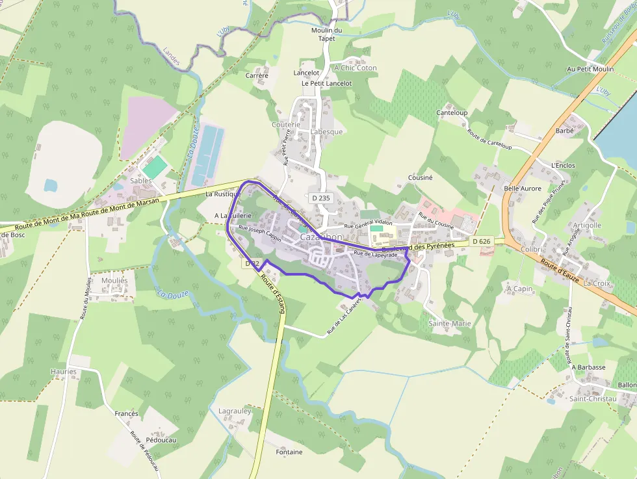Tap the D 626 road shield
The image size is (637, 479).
click(x=481, y=242)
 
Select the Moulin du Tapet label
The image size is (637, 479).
click(x=327, y=34)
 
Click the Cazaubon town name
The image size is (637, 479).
click(x=321, y=238)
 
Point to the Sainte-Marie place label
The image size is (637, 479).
click(x=450, y=323)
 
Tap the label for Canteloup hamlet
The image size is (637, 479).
click(x=452, y=112)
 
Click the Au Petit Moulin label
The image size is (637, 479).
click(x=590, y=69)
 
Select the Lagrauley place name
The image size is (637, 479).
click(x=235, y=411)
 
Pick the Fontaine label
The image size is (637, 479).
click(x=289, y=452)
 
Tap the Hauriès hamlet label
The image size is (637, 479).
click(x=64, y=372)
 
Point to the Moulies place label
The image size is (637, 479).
click(x=115, y=280)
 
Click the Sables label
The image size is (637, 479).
click(x=141, y=181)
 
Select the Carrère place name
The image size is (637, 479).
click(x=257, y=75)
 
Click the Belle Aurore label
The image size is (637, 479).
click(x=523, y=188)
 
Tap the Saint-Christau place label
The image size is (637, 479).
click(x=593, y=398)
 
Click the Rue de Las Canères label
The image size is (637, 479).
click(x=344, y=322)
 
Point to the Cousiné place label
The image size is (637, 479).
click(x=420, y=177)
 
